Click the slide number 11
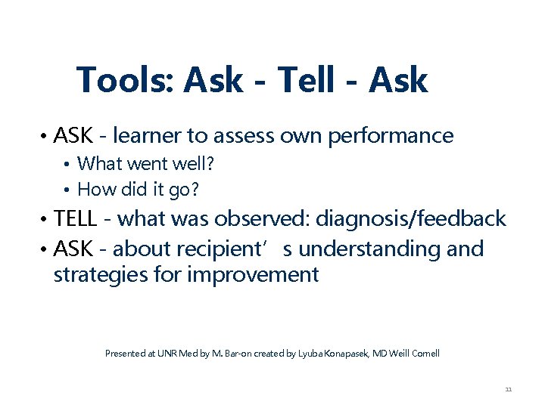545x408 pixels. point(508,389)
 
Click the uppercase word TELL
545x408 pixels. point(76,219)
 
